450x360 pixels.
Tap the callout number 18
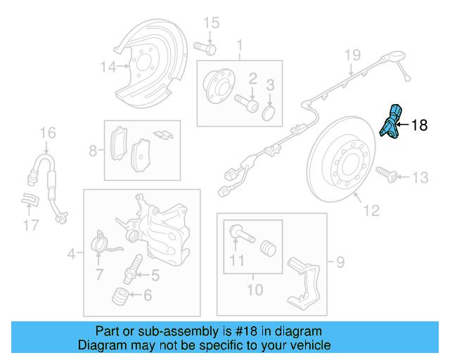pyautogui.click(x=418, y=126)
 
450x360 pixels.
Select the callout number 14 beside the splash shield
pyautogui.click(x=107, y=67)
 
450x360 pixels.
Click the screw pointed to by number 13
pyautogui.click(x=383, y=172)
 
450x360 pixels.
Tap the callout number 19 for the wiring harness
pyautogui.click(x=352, y=54)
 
